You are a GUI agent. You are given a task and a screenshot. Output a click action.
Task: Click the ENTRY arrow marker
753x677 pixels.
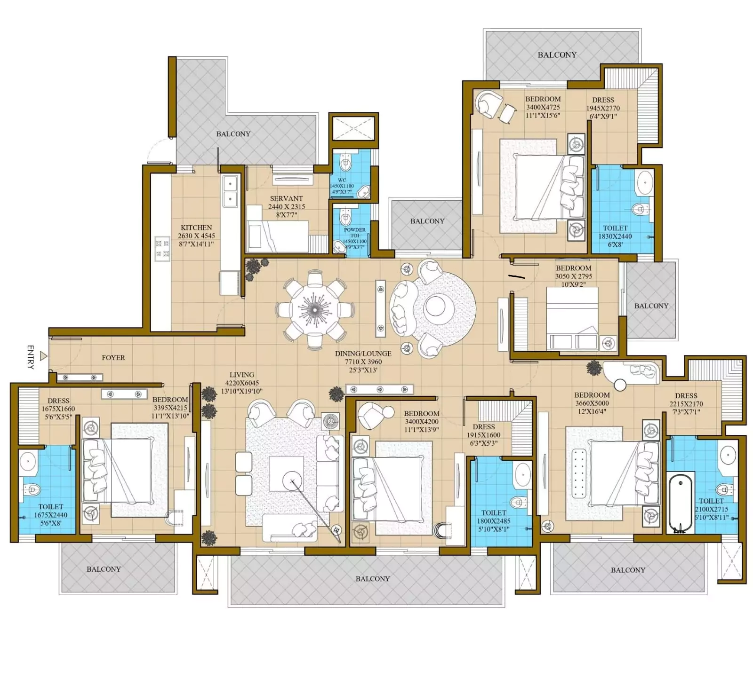(44, 356)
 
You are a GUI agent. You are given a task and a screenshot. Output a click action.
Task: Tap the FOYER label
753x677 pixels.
(113, 358)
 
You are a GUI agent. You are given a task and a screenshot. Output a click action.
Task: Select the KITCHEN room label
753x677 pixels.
(196, 228)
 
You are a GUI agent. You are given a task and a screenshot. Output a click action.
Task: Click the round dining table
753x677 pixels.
(314, 309)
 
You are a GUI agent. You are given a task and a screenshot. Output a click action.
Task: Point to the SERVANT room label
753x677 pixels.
(286, 198)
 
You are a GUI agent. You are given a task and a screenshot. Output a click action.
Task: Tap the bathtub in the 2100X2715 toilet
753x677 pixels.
(681, 502)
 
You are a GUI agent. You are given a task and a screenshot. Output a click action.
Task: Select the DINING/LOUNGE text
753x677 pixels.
(363, 354)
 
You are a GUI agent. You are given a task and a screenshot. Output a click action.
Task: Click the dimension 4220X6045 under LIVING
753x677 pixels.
(241, 383)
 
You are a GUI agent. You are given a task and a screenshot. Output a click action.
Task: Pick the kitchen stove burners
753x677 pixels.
(162, 249)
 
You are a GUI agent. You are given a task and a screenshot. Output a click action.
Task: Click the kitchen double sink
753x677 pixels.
(230, 191)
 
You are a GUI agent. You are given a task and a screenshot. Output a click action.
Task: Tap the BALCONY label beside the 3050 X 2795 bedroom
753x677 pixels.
(651, 306)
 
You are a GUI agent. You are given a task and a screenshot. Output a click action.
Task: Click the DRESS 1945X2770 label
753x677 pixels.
(603, 108)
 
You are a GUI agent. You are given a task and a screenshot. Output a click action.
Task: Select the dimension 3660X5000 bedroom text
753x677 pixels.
(592, 403)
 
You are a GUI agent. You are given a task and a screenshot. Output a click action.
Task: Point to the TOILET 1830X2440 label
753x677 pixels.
(615, 232)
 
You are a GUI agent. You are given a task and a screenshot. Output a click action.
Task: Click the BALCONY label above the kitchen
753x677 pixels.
(233, 134)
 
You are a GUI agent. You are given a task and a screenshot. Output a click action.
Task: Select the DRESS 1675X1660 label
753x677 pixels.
(58, 405)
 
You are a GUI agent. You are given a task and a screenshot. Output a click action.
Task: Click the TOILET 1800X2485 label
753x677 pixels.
(494, 517)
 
